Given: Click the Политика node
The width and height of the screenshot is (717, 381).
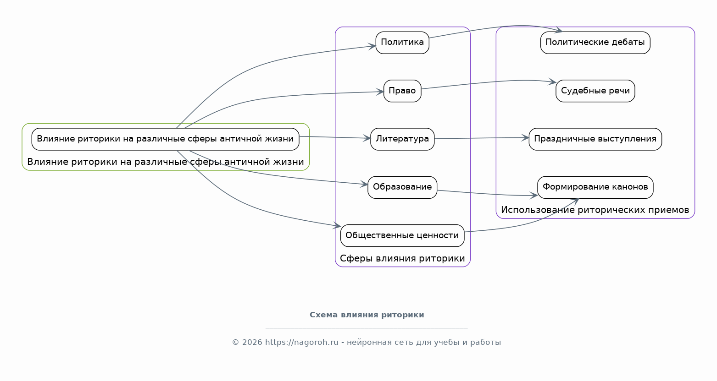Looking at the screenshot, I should (x=402, y=43).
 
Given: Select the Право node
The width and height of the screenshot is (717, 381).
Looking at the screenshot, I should (x=402, y=91).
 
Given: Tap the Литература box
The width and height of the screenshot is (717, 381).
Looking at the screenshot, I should (x=402, y=139).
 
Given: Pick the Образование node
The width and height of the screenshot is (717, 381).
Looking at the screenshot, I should (x=402, y=187).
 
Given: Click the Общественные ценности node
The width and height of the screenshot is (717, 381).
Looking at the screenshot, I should (x=402, y=235).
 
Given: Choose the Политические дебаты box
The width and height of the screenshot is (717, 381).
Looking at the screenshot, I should (x=595, y=43).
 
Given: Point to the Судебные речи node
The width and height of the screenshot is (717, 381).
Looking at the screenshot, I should (x=595, y=91).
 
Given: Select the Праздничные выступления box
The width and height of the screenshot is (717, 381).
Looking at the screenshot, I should (x=595, y=139).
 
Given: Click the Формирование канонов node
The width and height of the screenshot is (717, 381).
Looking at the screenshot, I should (x=595, y=187).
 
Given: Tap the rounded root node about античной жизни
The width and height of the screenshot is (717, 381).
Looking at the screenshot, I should (x=165, y=139).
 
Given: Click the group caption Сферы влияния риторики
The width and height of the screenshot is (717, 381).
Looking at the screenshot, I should (x=402, y=259).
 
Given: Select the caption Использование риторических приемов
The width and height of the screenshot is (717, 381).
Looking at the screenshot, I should (x=595, y=210).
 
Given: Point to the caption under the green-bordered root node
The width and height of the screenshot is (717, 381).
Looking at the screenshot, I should (x=165, y=162).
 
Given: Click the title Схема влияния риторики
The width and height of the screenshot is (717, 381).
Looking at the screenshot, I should (x=367, y=315).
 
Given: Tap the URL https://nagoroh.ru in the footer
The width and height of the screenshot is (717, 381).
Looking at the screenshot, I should (x=301, y=343).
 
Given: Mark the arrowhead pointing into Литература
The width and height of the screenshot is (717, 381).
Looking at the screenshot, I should (x=367, y=138).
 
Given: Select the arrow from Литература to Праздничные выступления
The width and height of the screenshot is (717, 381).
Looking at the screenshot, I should (x=482, y=138).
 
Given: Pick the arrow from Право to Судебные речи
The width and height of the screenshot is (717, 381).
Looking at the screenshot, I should (x=486, y=82).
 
